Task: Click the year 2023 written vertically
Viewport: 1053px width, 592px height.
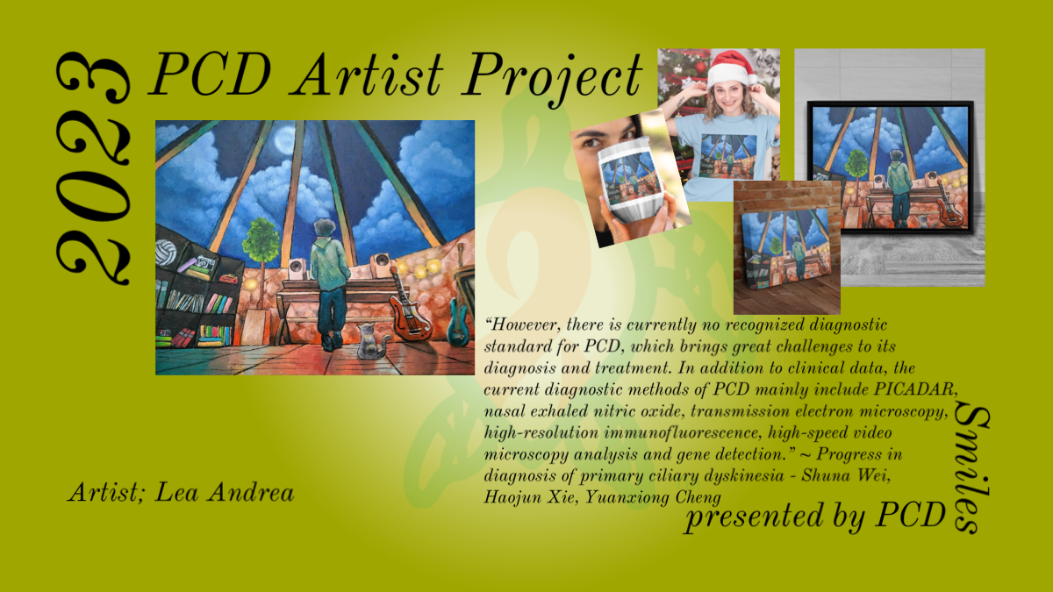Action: [x=93, y=168]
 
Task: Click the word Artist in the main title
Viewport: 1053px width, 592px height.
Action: [x=367, y=75]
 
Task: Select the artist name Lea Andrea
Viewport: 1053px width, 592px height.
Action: [x=225, y=492]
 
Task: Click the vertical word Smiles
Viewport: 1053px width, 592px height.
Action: [x=971, y=469]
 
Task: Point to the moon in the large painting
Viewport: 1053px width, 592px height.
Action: [x=285, y=140]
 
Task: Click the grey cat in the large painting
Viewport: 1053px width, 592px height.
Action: [x=372, y=341]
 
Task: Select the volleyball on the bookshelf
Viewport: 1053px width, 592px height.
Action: [x=166, y=253]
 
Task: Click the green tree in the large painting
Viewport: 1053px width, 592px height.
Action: [x=261, y=240]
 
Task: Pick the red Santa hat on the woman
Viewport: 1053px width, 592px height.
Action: [x=732, y=67]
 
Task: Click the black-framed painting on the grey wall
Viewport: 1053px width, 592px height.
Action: [x=891, y=168]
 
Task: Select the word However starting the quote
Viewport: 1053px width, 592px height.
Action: [x=522, y=325]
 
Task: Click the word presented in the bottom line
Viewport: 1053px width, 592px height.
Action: [x=754, y=516]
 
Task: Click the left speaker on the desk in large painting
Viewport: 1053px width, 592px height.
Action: [x=297, y=268]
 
